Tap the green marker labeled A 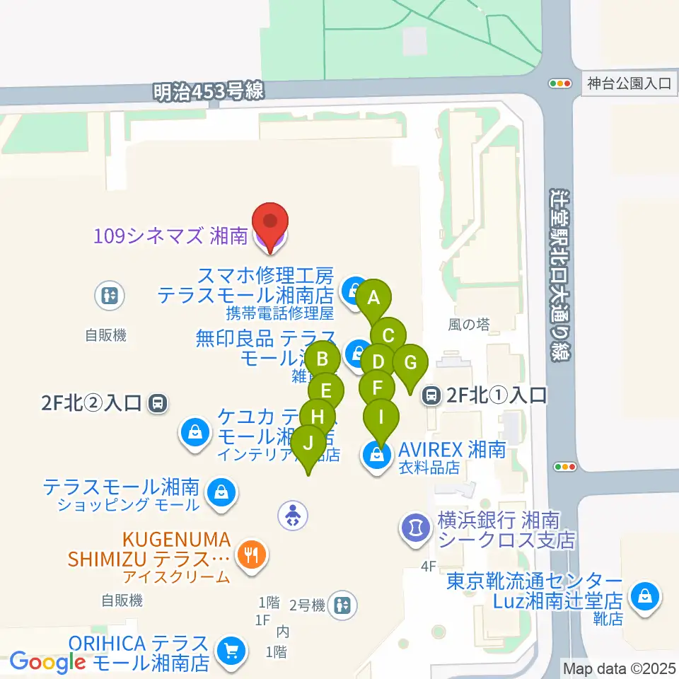click(x=375, y=298)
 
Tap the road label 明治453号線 click(x=209, y=90)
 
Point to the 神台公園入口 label click(x=628, y=83)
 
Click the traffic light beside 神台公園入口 click(x=561, y=83)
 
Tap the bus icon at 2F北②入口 click(x=158, y=404)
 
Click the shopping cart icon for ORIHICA click(x=231, y=649)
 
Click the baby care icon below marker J click(x=294, y=515)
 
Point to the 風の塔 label click(x=469, y=325)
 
